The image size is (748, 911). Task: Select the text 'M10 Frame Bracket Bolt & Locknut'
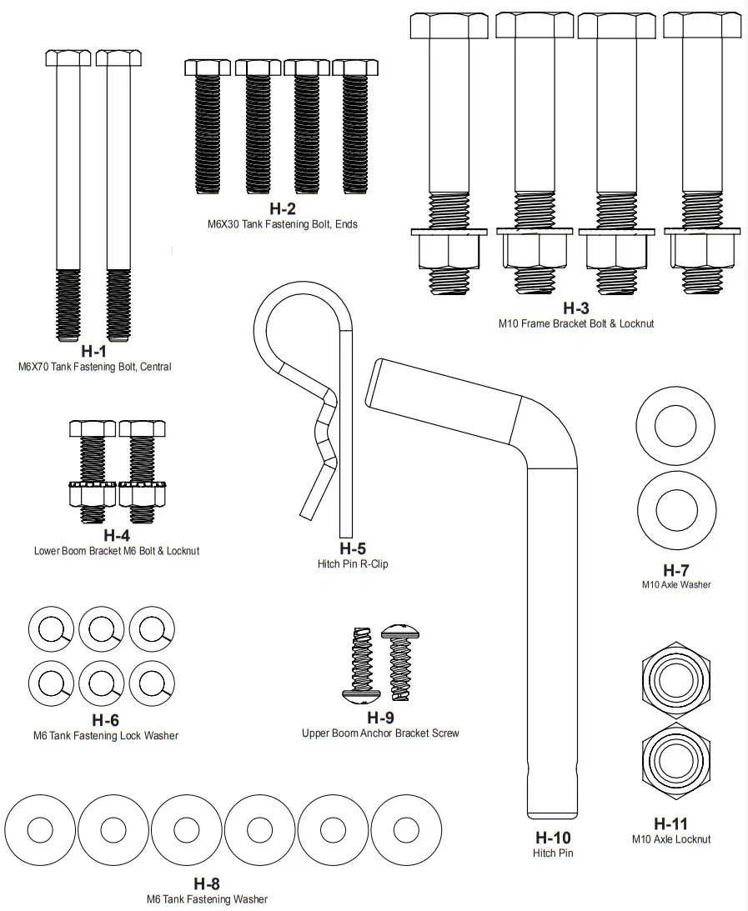click(x=575, y=323)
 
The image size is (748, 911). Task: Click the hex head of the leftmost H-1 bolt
click(x=68, y=58)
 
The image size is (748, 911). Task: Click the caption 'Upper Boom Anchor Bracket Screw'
click(x=380, y=733)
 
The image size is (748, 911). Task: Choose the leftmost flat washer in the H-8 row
click(x=40, y=830)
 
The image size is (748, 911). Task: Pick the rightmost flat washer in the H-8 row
click(x=405, y=830)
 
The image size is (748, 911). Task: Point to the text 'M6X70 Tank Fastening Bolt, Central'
click(x=94, y=366)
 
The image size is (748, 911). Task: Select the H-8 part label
click(x=207, y=883)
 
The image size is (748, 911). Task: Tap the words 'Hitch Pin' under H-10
click(x=553, y=853)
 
